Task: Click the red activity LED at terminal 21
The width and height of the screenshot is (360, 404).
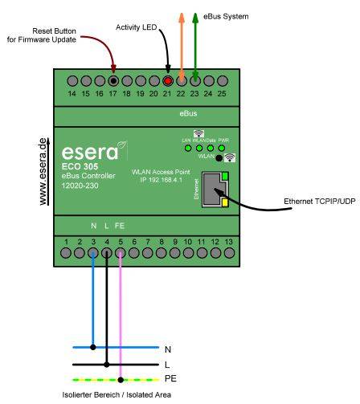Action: (168, 81)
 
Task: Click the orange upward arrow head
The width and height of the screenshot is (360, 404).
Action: (182, 17)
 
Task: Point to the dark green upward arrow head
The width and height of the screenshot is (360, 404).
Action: (194, 17)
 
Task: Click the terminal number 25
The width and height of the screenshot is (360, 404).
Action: (222, 95)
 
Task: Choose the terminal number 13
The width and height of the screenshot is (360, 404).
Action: (230, 241)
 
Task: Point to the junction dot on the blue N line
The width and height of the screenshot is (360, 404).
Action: (94, 348)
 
